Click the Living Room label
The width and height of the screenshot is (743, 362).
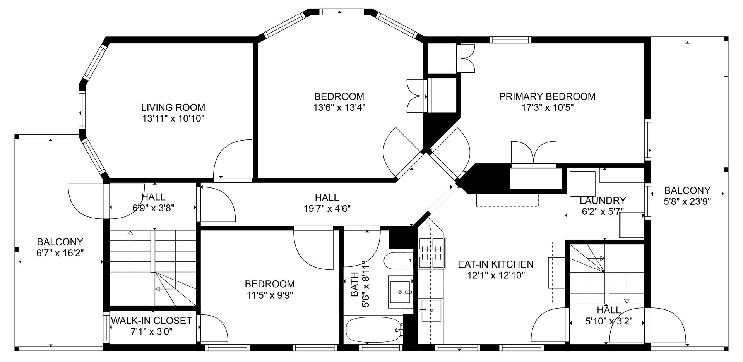pos(173,107)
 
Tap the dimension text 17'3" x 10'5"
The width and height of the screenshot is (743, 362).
pos(547,107)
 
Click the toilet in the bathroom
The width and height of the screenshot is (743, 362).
pos(399,261)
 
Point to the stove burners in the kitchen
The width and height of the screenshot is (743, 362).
pos(431,253)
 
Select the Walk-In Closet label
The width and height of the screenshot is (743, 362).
pos(151,321)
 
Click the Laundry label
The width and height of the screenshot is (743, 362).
pos(603,201)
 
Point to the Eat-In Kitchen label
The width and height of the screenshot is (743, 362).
pos(495,264)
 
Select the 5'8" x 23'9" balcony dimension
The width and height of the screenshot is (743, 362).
pos(687,201)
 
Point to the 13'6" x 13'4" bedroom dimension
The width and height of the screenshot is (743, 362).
pos(339,107)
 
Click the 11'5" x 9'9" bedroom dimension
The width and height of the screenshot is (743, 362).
pos(270,295)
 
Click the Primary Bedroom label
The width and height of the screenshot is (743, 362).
pos(547,96)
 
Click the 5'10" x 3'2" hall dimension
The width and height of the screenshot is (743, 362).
pos(609,321)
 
